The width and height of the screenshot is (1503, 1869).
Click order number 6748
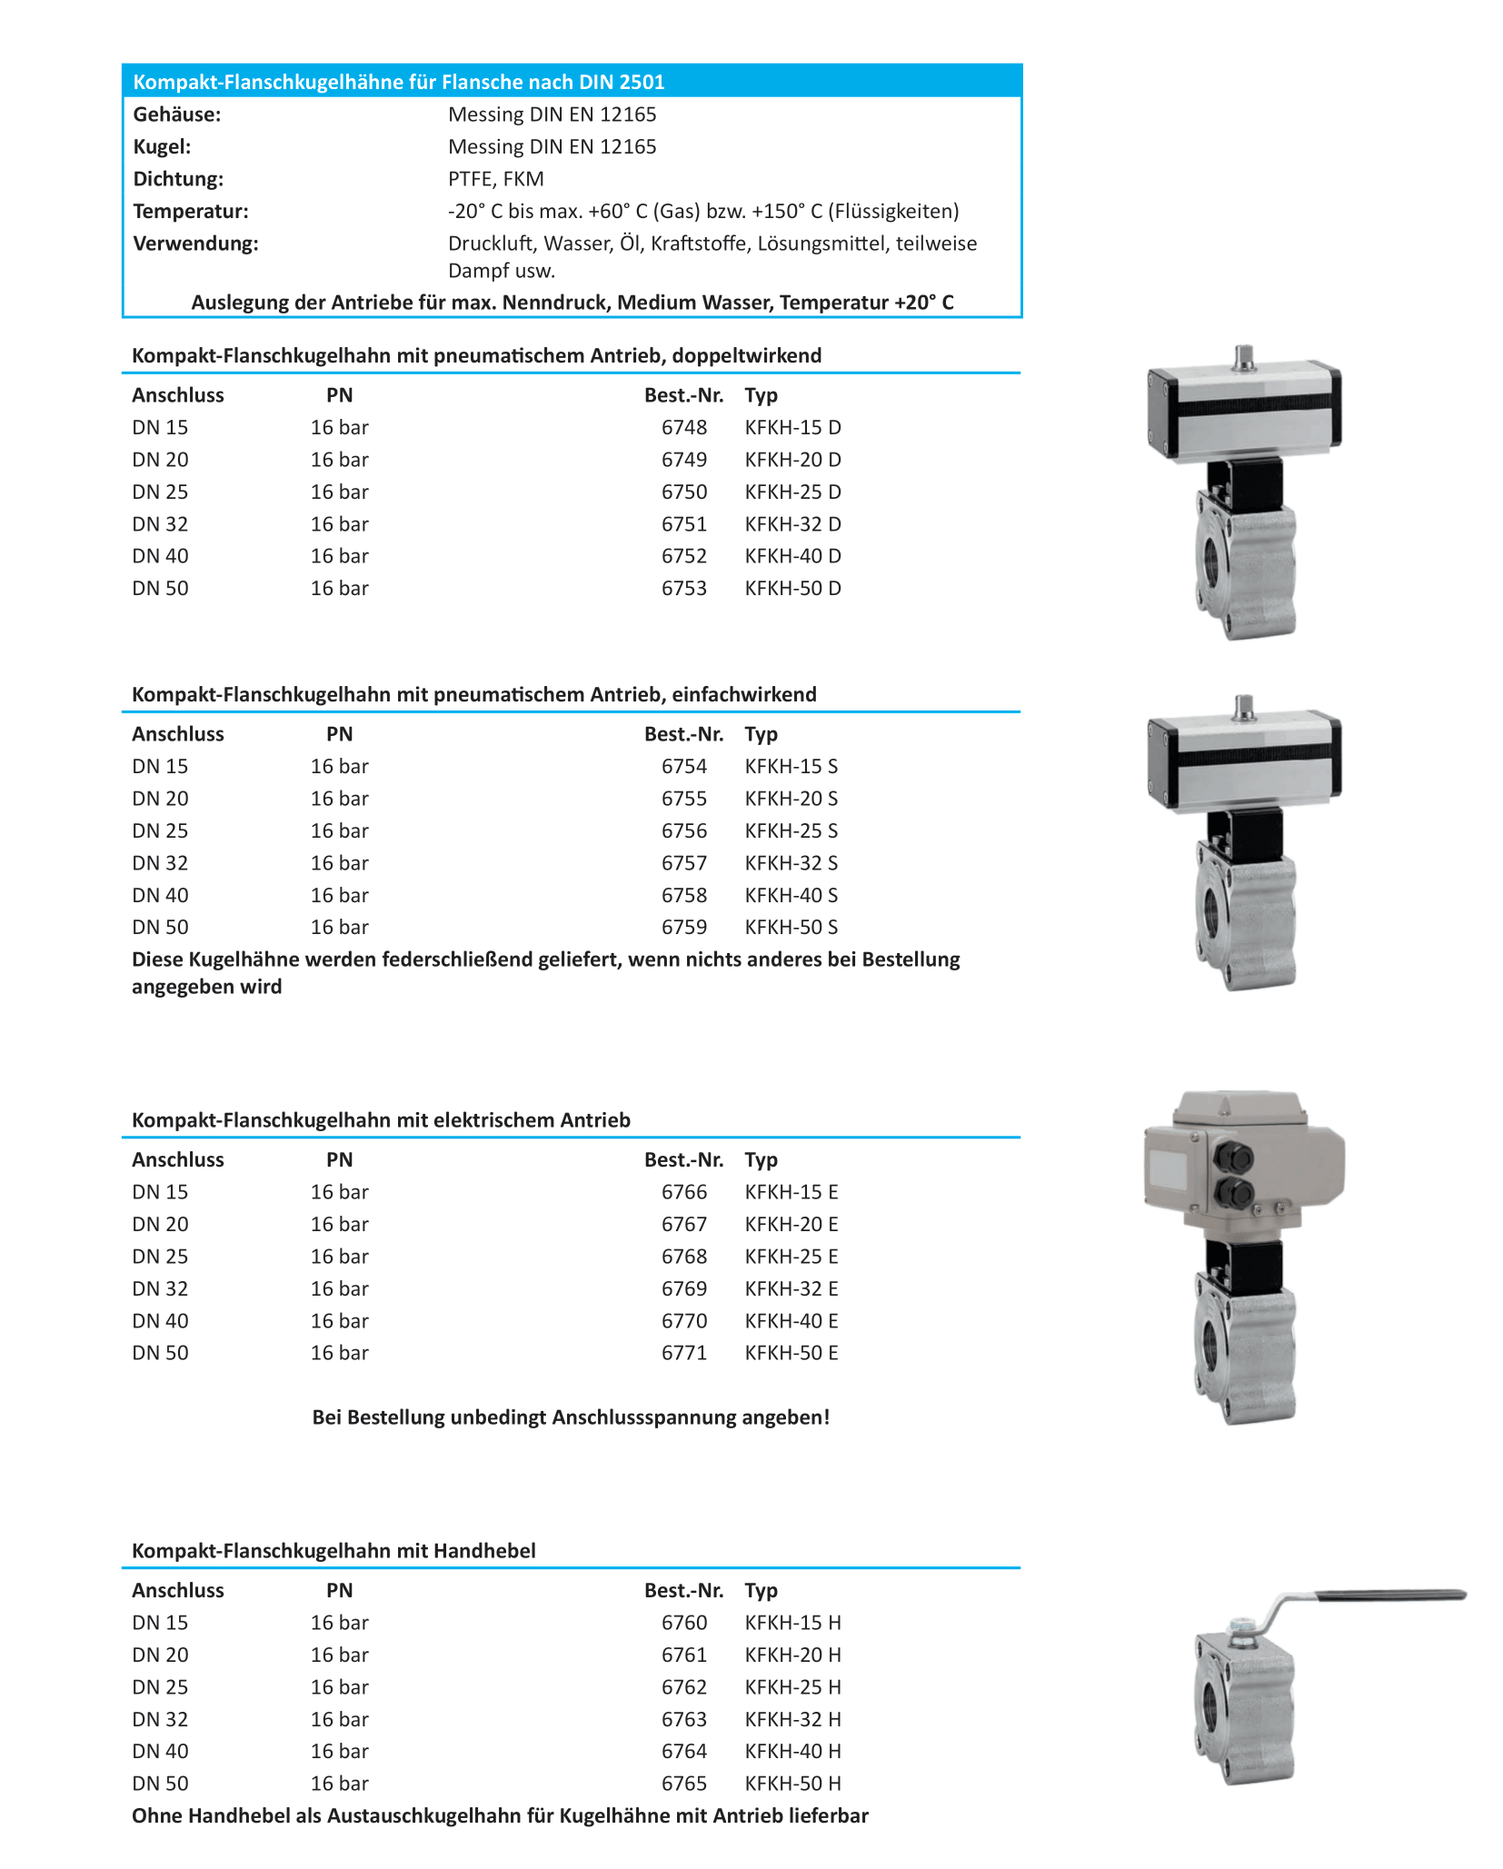click(683, 427)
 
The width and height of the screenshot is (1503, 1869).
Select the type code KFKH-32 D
click(792, 524)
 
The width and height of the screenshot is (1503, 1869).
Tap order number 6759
click(683, 927)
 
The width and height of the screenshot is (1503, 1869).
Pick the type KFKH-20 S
click(791, 799)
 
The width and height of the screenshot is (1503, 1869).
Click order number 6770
click(683, 1320)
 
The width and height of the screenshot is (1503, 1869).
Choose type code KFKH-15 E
click(791, 1191)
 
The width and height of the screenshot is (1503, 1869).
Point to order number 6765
click(683, 1783)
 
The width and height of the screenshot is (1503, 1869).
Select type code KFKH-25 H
click(792, 1686)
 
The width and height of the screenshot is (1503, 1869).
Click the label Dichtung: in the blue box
click(178, 179)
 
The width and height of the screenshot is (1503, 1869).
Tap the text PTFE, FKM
click(495, 179)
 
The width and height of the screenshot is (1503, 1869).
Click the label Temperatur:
click(191, 212)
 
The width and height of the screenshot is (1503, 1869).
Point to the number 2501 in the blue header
click(642, 82)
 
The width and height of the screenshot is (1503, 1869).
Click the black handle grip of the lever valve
click(1390, 1596)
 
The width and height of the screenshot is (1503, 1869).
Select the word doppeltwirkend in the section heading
click(749, 355)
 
